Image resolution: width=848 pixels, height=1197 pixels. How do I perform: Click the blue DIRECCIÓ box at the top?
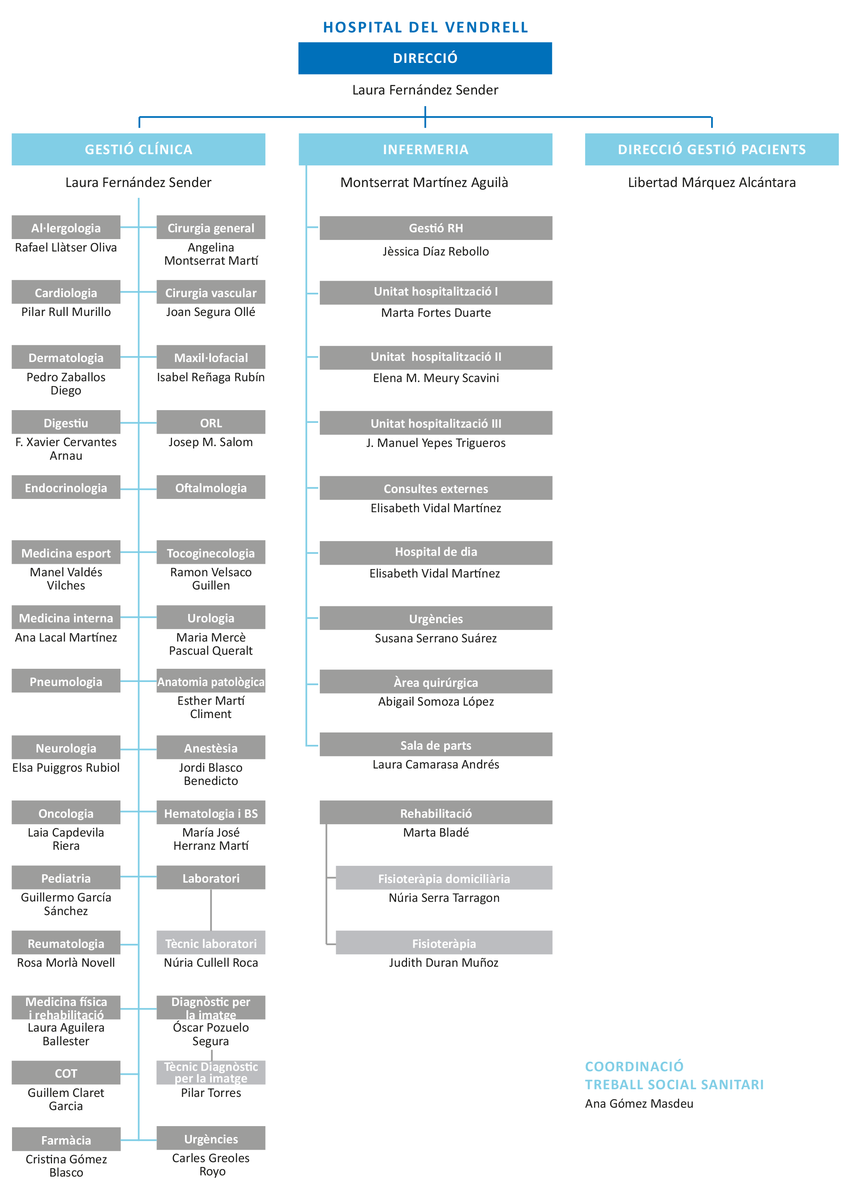click(x=425, y=58)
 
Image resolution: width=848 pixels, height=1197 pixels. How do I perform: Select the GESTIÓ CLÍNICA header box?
click(x=138, y=149)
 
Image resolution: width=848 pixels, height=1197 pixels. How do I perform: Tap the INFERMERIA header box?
click(x=425, y=149)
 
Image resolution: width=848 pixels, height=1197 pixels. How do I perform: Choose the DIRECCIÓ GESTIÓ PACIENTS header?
click(x=711, y=149)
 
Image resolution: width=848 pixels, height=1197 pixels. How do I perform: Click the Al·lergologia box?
click(x=66, y=228)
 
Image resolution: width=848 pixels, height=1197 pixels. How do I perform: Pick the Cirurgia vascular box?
click(x=210, y=293)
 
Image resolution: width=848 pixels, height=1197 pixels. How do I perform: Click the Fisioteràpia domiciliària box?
click(x=443, y=878)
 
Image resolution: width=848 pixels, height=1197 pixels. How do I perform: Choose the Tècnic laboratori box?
click(x=210, y=943)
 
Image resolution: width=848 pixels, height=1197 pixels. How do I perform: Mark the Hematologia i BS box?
click(x=210, y=813)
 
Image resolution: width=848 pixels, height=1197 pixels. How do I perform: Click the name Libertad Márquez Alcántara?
click(x=711, y=182)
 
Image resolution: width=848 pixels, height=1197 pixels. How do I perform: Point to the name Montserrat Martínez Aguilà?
click(x=424, y=182)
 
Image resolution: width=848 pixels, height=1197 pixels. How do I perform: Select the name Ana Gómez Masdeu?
click(x=639, y=1103)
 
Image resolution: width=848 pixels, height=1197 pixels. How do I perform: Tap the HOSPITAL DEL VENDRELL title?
click(x=425, y=28)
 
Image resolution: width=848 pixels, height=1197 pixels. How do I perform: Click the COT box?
click(x=66, y=1072)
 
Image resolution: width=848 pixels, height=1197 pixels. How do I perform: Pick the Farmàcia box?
click(x=66, y=1139)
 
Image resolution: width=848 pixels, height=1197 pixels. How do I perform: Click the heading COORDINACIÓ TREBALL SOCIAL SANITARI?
click(x=674, y=1075)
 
